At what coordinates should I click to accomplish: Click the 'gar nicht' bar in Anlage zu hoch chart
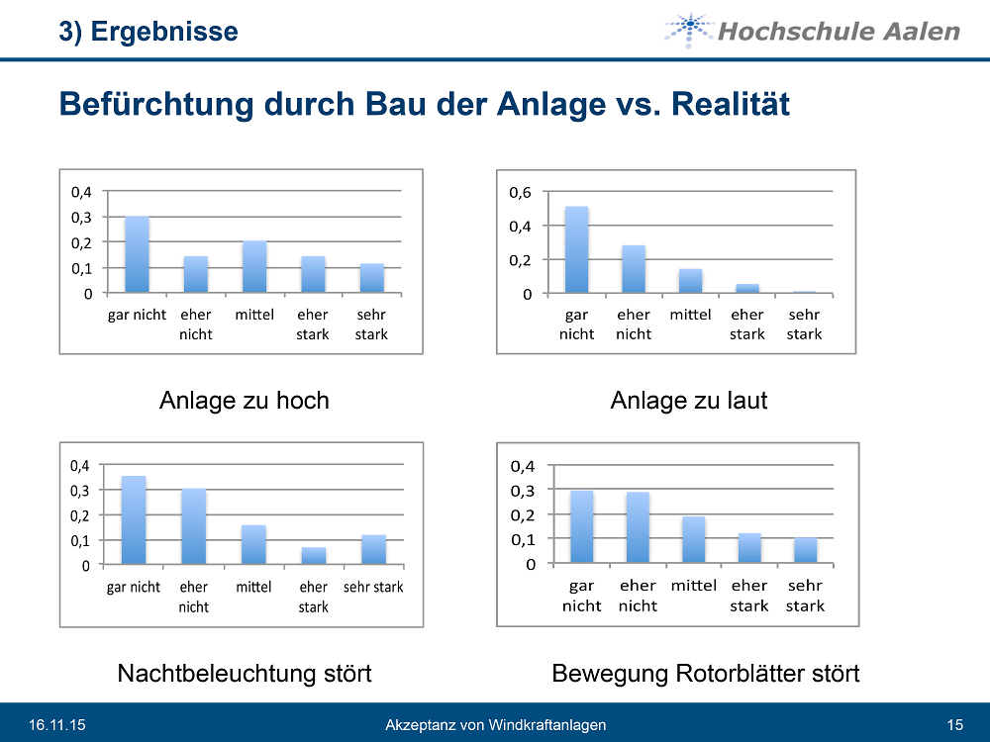click(x=137, y=254)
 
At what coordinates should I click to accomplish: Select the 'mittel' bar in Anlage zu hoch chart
click(x=254, y=267)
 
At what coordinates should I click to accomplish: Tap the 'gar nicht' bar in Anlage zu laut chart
click(x=576, y=250)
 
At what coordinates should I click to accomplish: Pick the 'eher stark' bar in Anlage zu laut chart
click(x=747, y=289)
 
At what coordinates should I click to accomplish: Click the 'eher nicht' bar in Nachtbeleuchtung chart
click(x=193, y=526)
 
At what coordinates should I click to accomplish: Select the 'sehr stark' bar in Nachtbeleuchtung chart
click(x=373, y=549)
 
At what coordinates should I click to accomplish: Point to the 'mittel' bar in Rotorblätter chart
click(x=693, y=540)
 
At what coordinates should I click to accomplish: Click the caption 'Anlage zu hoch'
click(x=244, y=401)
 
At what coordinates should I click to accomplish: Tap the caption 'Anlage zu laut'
click(x=689, y=401)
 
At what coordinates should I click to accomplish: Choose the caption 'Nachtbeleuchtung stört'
click(x=245, y=674)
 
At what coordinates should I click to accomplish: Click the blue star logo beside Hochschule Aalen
click(x=687, y=30)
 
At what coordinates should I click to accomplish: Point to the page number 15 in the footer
click(x=955, y=725)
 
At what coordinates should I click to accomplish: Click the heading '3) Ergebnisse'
click(x=148, y=32)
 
